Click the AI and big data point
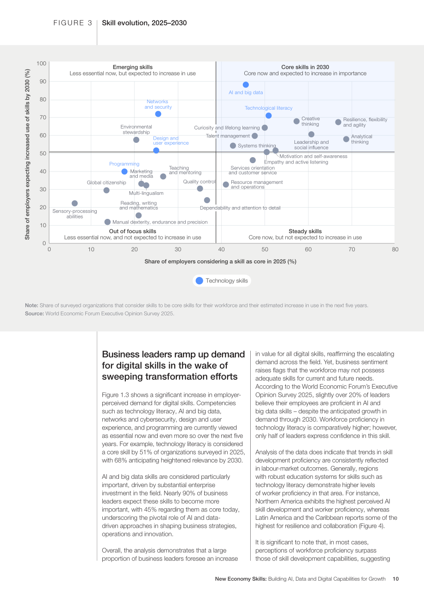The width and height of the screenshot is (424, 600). [246, 85]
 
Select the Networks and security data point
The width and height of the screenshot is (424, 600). [158, 114]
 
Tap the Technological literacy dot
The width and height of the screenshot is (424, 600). [268, 116]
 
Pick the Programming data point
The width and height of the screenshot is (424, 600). [124, 171]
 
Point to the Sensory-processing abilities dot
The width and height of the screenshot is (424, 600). [75, 203]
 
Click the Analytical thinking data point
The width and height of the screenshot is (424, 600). [346, 139]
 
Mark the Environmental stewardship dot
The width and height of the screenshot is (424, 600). [136, 140]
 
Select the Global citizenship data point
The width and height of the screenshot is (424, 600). [106, 190]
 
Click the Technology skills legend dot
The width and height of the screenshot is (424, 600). [199, 281]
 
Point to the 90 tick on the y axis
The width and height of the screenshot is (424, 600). [43, 82]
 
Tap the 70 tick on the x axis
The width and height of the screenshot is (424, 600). [352, 249]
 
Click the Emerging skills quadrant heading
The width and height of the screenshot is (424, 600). [133, 67]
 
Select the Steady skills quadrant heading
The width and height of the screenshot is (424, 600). [305, 231]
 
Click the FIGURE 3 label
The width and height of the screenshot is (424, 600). [72, 23]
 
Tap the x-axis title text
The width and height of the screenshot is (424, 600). [220, 261]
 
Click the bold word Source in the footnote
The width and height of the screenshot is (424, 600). [34, 313]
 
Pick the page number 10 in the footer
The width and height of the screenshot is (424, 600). [395, 579]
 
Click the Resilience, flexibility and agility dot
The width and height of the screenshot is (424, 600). [338, 122]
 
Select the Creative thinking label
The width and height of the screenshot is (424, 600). [311, 121]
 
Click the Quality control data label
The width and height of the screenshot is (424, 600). [199, 182]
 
